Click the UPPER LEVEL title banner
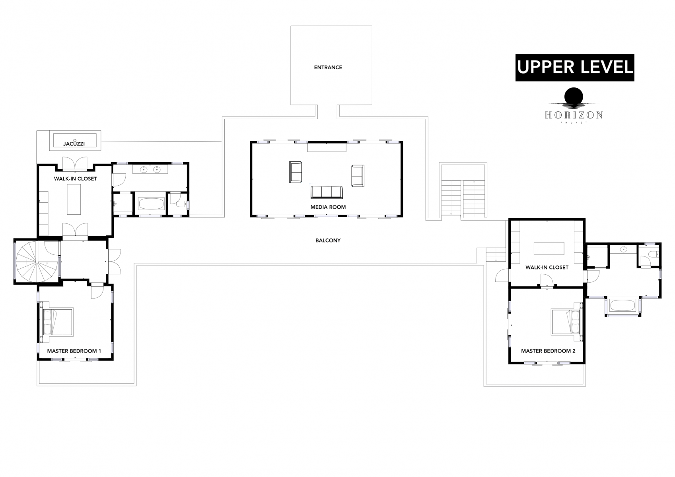coord(574,68)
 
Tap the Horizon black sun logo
coord(574,97)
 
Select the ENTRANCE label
coord(328,68)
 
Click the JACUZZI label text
coord(74,143)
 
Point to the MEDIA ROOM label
coord(328,207)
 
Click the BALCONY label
coord(328,240)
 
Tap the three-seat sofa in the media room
coord(326,192)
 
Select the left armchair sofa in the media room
coord(295,172)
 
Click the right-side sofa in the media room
coord(357,176)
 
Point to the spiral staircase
coord(37,261)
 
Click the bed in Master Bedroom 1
coord(58,322)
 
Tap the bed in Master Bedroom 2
coord(566,322)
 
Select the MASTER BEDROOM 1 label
coord(74,351)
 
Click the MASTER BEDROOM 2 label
coord(548,351)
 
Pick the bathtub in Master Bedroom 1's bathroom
coord(151,204)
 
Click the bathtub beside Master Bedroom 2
coord(623,306)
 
